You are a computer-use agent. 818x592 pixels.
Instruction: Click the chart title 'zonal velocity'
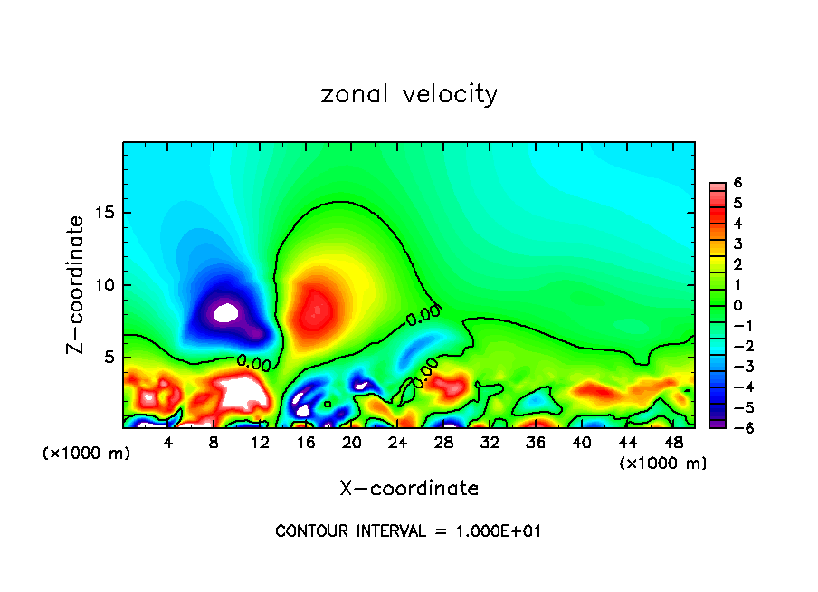409,94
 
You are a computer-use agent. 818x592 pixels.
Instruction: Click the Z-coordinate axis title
77,284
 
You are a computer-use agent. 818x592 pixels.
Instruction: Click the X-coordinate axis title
409,489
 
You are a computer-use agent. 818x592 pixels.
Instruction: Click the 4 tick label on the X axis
168,443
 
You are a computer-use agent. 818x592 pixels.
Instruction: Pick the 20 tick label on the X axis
352,443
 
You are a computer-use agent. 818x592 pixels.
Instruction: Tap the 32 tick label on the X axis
490,443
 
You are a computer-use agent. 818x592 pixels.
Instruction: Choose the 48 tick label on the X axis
673,443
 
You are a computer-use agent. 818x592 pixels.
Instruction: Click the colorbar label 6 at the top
737,183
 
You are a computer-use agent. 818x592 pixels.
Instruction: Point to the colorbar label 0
737,305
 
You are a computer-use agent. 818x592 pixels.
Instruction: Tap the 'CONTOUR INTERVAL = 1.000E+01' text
408,531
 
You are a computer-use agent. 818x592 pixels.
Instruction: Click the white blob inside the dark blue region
225,313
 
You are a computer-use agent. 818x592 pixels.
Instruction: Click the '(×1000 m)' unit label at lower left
87,454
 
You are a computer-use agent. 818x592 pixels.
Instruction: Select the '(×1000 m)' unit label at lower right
662,463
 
